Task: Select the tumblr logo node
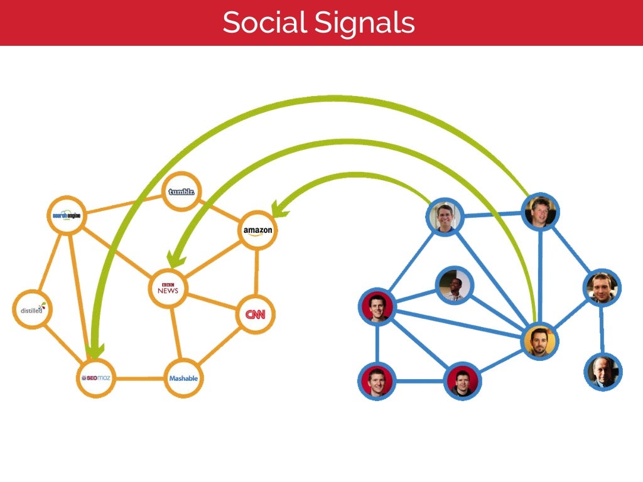point(182,191)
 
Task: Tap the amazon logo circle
point(257,230)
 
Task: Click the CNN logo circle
point(256,314)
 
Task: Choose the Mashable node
point(183,378)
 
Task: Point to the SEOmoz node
point(95,378)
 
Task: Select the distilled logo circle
point(31,309)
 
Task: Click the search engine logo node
point(67,215)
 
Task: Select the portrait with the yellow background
point(539,341)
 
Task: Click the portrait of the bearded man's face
point(603,287)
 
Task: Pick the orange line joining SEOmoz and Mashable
point(139,378)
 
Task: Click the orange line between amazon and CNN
point(256,272)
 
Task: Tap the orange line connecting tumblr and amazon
point(220,210)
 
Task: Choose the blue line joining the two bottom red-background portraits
point(419,381)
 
